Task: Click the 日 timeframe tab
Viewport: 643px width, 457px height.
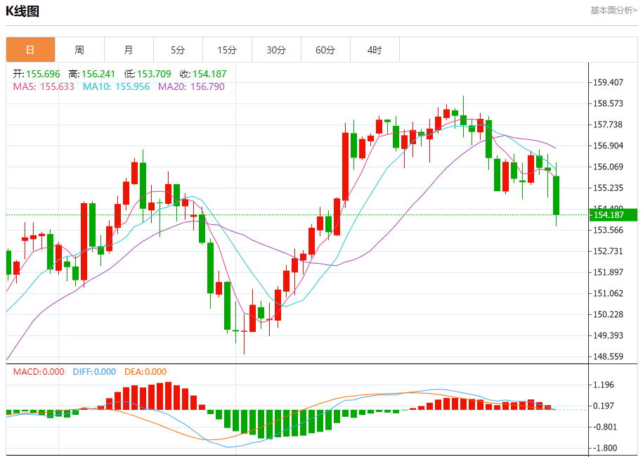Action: (x=30, y=50)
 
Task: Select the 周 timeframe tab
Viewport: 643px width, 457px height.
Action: (x=79, y=50)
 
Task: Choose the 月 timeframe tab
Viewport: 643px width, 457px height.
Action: (x=129, y=50)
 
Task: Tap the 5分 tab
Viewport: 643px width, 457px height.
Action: (x=178, y=50)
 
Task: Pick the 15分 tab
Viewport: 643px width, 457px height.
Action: (x=227, y=50)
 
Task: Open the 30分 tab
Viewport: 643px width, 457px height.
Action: (x=276, y=50)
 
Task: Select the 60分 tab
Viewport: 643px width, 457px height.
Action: (x=325, y=50)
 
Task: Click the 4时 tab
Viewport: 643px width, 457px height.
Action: (x=375, y=50)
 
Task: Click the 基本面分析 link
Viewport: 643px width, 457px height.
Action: (x=613, y=11)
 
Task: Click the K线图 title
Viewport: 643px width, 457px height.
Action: (x=22, y=11)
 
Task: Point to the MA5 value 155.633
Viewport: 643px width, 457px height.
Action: (x=44, y=86)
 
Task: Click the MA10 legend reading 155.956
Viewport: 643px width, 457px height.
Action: (x=116, y=86)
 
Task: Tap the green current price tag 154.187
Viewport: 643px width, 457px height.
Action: (x=613, y=214)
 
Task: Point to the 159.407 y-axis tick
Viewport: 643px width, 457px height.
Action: (x=609, y=82)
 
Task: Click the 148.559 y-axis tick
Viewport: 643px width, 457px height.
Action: (x=609, y=356)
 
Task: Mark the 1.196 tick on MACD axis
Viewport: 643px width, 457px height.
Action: (x=604, y=385)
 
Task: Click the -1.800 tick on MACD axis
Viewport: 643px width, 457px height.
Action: (x=604, y=448)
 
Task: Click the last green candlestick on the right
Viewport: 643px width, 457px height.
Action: (x=557, y=195)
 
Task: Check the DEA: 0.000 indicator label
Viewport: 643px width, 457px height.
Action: (x=145, y=372)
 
